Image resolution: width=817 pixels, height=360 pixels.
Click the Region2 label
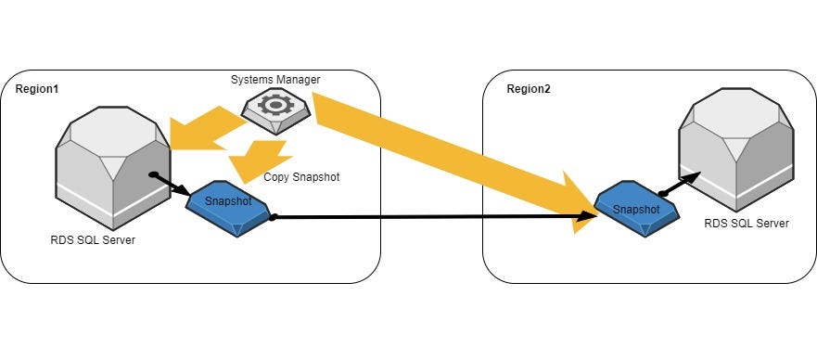pyautogui.click(x=529, y=88)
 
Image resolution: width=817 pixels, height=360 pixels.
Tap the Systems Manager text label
pyautogui.click(x=275, y=80)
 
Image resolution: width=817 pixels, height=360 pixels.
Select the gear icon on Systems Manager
pyautogui.click(x=275, y=105)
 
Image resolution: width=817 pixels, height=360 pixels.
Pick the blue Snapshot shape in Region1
pyautogui.click(x=226, y=202)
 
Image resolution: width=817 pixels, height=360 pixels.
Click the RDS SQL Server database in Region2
pyautogui.click(x=736, y=154)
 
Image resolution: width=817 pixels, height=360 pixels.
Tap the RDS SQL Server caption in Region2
pyautogui.click(x=746, y=224)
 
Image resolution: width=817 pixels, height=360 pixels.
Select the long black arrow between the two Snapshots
pyautogui.click(x=427, y=218)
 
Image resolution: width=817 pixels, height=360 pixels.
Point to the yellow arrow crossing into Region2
pyautogui.click(x=445, y=153)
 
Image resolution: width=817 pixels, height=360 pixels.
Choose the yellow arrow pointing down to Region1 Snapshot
pyautogui.click(x=260, y=158)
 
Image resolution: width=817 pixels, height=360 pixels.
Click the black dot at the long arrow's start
pyautogui.click(x=273, y=219)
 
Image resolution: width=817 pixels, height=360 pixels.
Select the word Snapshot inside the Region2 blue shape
pyautogui.click(x=636, y=209)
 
